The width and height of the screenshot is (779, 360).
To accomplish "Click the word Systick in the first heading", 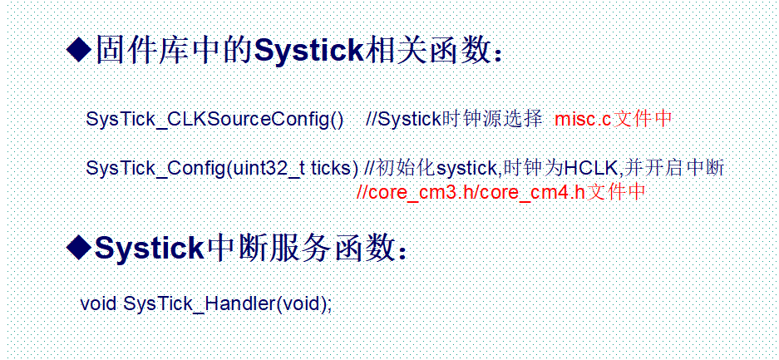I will point(308,52).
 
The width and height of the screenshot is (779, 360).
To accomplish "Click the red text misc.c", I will point(583,119).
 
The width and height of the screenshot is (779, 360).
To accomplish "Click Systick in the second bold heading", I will point(150,248).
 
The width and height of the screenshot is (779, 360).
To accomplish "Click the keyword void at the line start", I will point(98,303).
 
